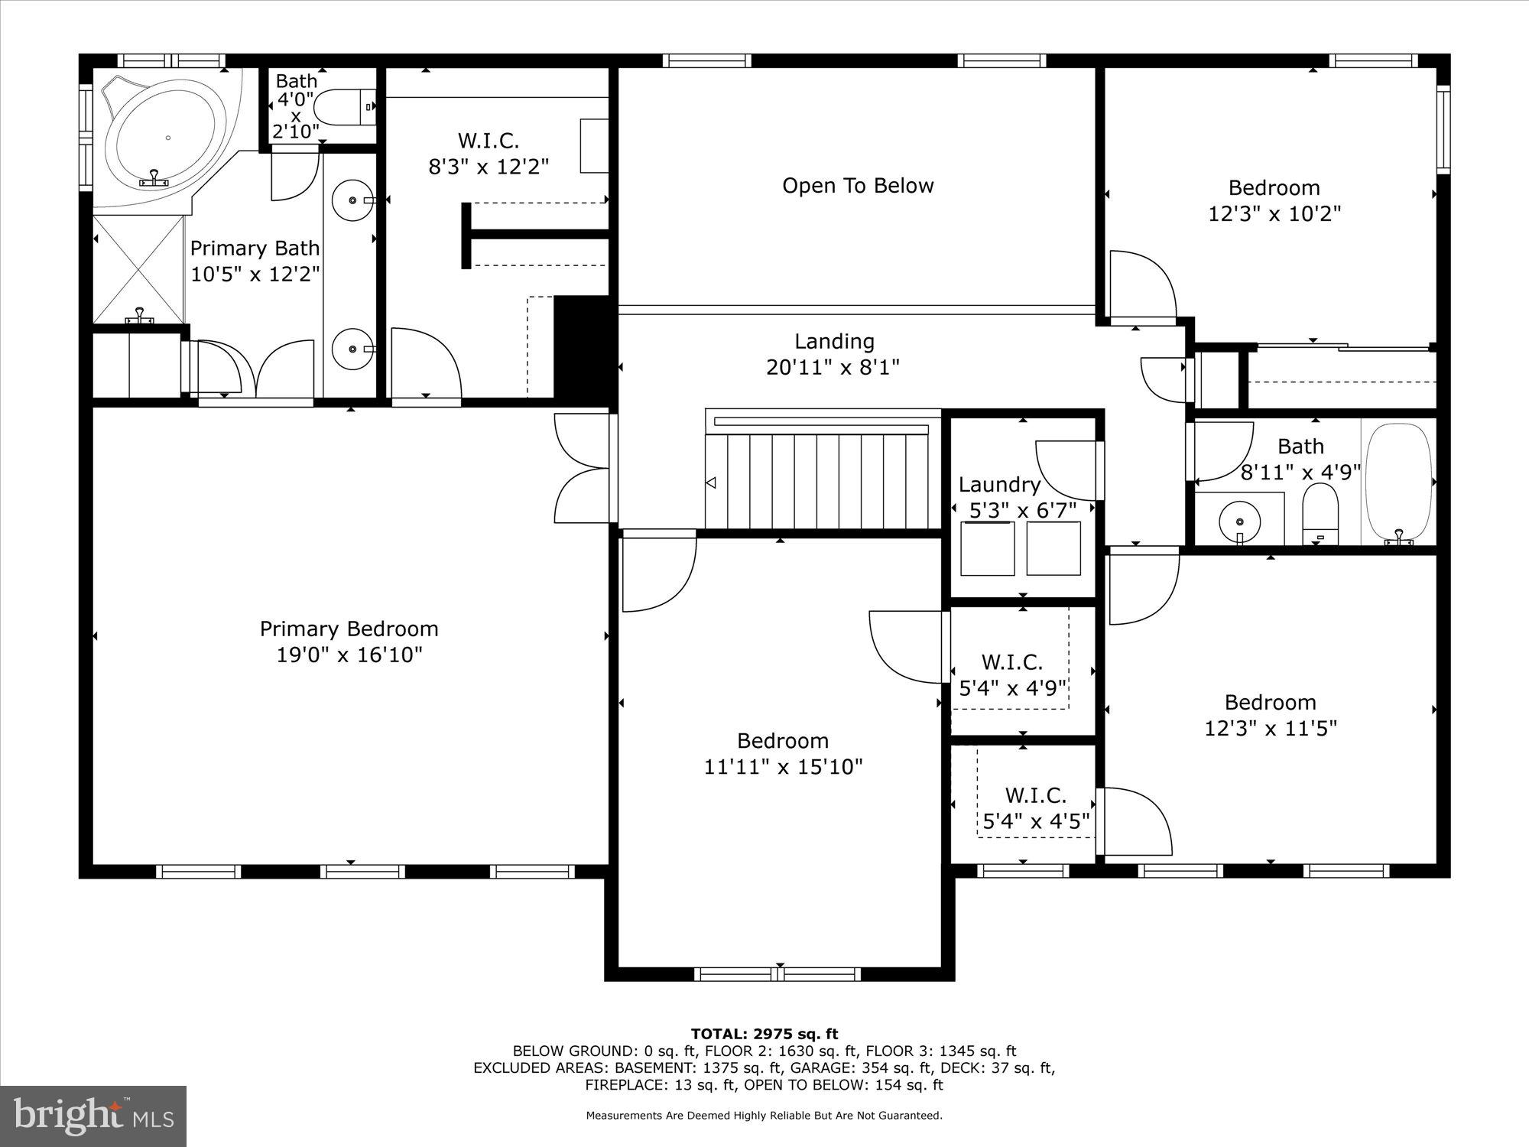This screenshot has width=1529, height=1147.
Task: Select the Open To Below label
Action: tap(858, 186)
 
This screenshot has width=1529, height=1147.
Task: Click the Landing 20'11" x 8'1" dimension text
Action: tap(833, 368)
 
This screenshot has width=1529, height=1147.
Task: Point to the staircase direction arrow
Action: tap(711, 483)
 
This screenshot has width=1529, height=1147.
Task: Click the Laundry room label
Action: tap(999, 485)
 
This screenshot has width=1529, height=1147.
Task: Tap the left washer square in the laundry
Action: tap(988, 548)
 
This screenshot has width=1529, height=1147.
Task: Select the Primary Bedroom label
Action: tap(349, 629)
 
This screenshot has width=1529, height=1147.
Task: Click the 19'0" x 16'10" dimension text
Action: tap(349, 655)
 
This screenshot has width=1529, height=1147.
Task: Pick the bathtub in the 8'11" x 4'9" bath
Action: tap(1398, 483)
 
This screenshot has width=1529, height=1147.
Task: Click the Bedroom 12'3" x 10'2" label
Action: tap(1274, 200)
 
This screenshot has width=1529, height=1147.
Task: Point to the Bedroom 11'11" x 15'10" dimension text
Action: tap(783, 767)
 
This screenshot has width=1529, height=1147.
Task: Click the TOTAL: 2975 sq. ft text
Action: tap(764, 1035)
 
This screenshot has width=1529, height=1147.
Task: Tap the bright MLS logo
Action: tap(93, 1116)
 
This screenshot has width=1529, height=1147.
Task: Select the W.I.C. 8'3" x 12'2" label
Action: tap(489, 153)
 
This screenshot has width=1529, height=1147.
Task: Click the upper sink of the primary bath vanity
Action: tap(352, 200)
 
